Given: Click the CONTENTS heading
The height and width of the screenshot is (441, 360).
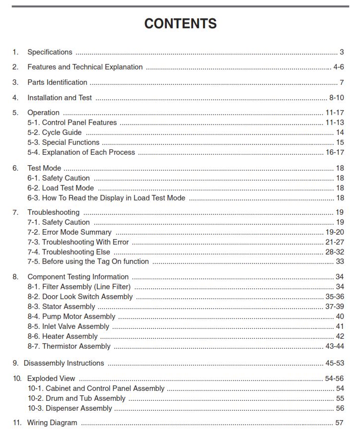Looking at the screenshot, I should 180,23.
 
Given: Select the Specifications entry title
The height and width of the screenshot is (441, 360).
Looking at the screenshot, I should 50,52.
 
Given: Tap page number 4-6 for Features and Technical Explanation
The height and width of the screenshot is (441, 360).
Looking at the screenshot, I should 338,67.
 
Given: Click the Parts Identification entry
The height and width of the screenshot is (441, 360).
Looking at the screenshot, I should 57,82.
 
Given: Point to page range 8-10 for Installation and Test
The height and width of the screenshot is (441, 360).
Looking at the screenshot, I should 336,98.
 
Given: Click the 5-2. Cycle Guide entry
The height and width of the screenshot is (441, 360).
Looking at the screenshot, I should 55,132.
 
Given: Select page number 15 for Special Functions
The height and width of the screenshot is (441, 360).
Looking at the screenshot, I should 340,142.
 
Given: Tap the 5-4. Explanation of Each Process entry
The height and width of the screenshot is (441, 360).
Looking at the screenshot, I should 81,152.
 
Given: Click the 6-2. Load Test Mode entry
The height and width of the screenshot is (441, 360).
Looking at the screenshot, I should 61,188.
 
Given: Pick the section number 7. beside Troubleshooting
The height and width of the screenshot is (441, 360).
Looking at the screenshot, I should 15,212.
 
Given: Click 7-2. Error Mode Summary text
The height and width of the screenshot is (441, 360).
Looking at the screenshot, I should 70,232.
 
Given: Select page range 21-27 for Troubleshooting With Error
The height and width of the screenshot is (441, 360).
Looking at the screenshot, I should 335,242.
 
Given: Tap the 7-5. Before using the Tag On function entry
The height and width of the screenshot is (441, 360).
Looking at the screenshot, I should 88,261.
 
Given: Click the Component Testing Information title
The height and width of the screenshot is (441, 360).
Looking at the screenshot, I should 78,277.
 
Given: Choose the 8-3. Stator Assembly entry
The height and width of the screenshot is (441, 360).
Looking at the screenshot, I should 61,307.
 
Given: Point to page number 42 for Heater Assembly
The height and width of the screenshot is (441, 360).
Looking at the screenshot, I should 340,336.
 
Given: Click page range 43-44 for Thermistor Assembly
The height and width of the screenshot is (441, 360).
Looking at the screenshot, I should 335,346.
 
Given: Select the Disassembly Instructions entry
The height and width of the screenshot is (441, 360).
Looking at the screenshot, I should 64,363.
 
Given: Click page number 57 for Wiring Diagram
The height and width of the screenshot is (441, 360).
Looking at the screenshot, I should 340,423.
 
